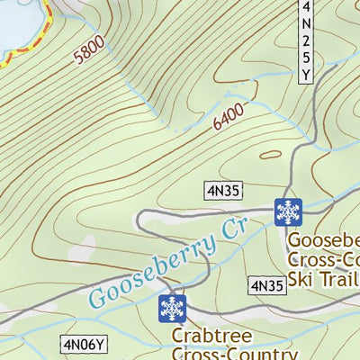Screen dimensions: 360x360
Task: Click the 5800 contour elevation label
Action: coord(91,49)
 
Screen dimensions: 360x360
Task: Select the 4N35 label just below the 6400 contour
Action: coord(221,189)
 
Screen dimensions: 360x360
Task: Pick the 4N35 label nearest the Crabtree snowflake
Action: coord(266,286)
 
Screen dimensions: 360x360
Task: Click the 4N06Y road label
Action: coord(85,343)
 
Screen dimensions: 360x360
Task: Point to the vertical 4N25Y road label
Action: coord(308,40)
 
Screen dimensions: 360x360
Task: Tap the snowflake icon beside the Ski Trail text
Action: coord(288,211)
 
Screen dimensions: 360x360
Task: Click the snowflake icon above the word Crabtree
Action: coord(172,308)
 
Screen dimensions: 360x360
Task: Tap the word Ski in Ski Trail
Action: coord(303,279)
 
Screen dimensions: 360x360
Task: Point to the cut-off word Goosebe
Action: coord(324,241)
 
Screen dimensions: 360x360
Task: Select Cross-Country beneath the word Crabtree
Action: coord(234,354)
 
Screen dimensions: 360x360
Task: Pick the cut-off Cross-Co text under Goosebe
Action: coord(324,260)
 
